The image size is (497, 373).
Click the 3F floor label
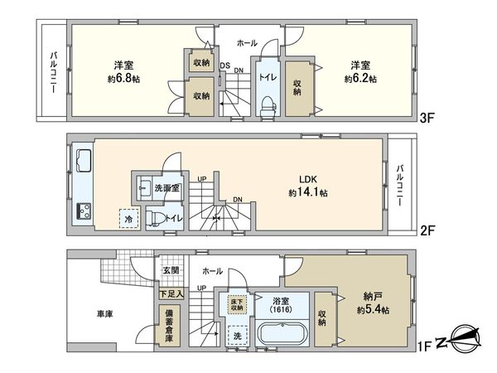point(427,118)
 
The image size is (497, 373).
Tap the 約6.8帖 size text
point(123,80)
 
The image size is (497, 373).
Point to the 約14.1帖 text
point(308,192)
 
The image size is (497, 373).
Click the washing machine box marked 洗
point(239,338)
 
